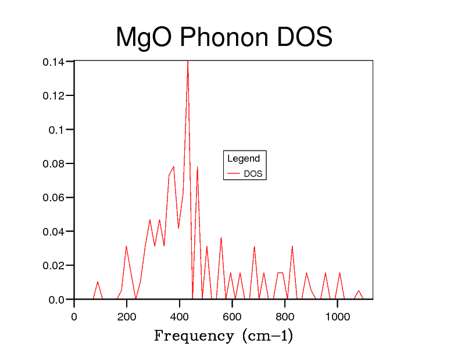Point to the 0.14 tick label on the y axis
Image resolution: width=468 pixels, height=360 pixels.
tap(53, 62)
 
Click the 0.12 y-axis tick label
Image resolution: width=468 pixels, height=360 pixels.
tap(53, 95)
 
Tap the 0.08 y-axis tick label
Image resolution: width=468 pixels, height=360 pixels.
tap(53, 163)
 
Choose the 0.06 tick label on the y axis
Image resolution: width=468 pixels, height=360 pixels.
tap(53, 198)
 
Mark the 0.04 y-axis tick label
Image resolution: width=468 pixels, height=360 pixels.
tap(53, 231)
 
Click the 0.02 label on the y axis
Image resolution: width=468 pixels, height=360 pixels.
tap(53, 265)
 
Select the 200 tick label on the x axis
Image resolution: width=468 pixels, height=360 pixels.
tap(127, 317)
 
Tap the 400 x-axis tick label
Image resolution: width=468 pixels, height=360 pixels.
tap(180, 317)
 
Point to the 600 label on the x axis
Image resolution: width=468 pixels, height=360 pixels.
tap(232, 317)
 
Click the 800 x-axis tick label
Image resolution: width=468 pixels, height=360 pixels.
tap(285, 317)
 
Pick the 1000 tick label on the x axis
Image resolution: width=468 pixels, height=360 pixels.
tap(338, 317)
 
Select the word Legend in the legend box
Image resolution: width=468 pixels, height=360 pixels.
tap(244, 159)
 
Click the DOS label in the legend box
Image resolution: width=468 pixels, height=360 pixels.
tap(253, 174)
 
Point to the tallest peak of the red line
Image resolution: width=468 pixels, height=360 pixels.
tap(187, 62)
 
